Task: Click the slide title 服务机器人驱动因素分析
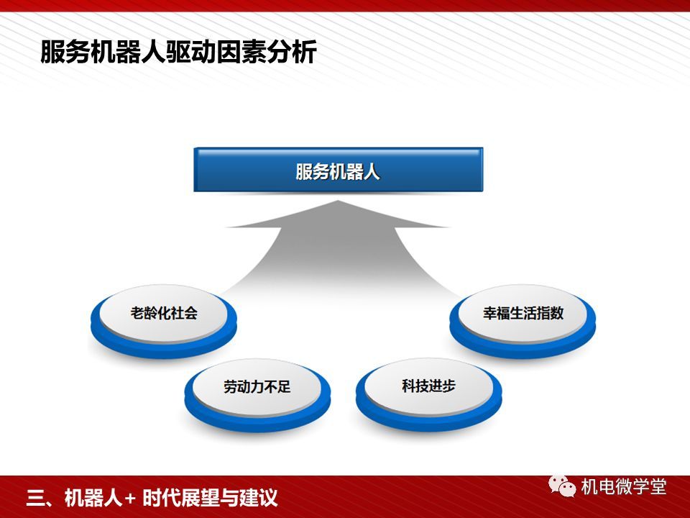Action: point(178,52)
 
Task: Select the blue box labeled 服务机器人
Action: point(338,170)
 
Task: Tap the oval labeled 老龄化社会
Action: point(164,321)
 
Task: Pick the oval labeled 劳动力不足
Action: point(257,395)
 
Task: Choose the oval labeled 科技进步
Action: point(428,394)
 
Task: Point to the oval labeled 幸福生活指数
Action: point(523,321)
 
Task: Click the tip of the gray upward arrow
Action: point(338,201)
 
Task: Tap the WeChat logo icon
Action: point(562,486)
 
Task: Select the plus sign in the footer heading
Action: point(130,499)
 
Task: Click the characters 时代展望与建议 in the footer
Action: point(210,498)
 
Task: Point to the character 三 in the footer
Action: point(36,498)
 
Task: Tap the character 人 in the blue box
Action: point(372,171)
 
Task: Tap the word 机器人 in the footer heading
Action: point(93,498)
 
